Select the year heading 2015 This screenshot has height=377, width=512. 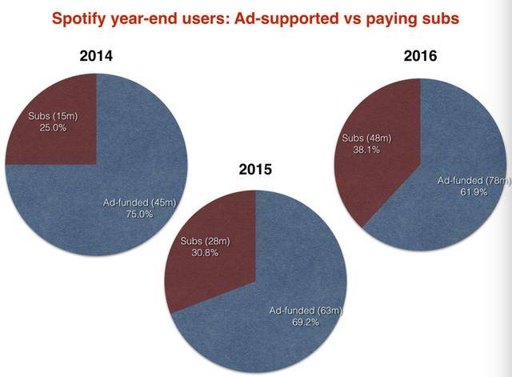(257, 170)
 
